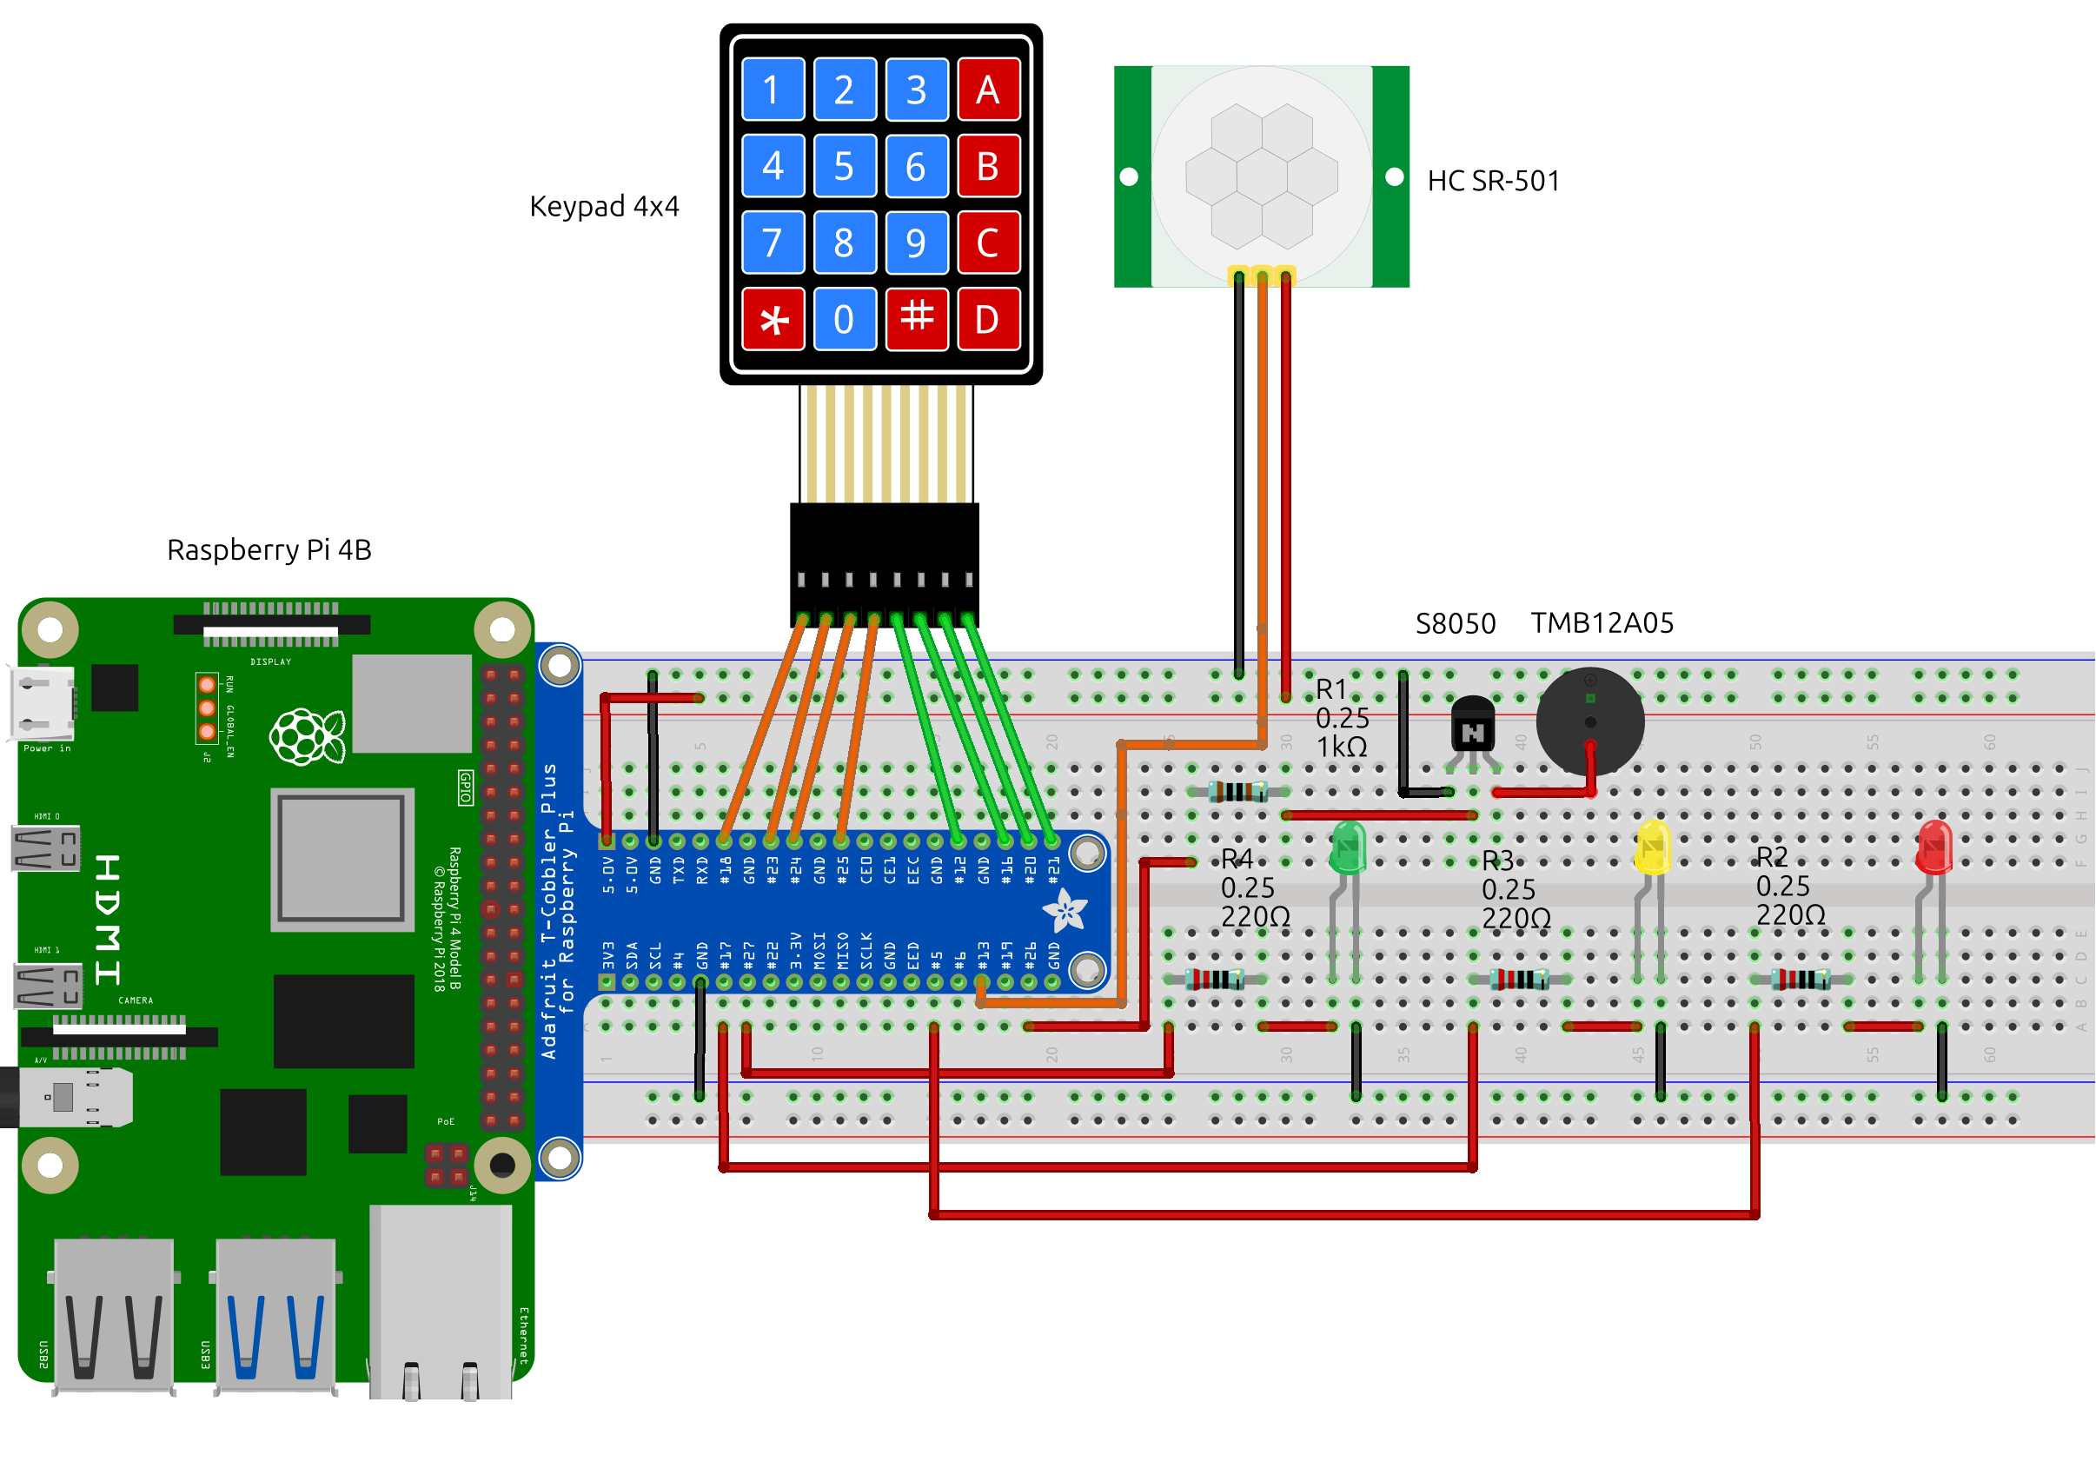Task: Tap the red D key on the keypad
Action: point(988,320)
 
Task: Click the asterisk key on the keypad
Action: point(773,320)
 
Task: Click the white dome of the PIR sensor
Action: point(1262,174)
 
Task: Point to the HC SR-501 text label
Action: point(1494,181)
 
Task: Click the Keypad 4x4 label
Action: point(604,206)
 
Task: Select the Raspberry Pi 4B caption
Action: point(269,549)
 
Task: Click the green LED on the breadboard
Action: point(1349,847)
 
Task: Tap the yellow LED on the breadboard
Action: point(1652,847)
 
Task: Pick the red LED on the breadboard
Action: point(1934,847)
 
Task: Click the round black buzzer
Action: point(1590,721)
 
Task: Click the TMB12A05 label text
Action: point(1602,624)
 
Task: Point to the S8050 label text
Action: point(1456,625)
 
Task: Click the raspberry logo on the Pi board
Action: point(307,736)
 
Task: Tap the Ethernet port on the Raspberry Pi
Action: point(441,1301)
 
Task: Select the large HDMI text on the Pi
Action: point(108,920)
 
